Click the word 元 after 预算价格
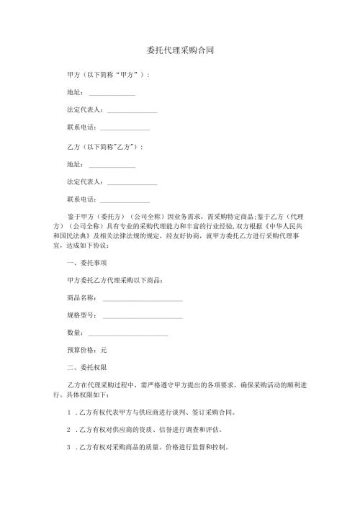pos(104,349)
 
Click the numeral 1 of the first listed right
pos(68,414)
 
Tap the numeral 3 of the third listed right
pos(68,448)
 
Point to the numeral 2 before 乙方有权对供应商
pos(68,431)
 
